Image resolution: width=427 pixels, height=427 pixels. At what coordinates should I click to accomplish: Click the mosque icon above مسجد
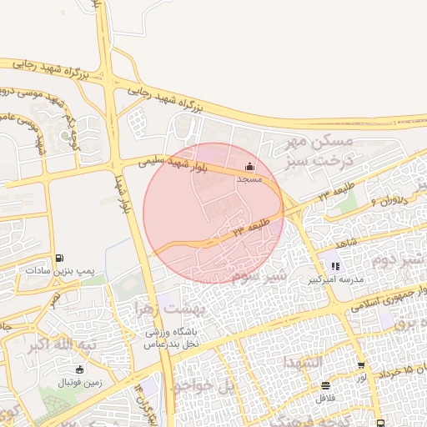[x=249, y=166]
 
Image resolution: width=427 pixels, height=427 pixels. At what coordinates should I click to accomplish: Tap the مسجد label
[x=249, y=179]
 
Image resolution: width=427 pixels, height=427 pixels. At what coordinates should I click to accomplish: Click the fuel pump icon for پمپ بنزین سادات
[x=59, y=259]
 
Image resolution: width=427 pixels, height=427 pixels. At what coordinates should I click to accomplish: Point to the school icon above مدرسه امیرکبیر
[x=335, y=267]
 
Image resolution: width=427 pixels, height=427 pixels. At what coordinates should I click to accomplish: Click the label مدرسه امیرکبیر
[x=335, y=280]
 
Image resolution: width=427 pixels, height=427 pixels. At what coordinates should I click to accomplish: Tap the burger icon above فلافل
[x=324, y=384]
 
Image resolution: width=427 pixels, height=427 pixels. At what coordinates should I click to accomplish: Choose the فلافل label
[x=324, y=398]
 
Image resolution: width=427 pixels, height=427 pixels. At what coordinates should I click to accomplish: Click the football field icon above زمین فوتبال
[x=80, y=369]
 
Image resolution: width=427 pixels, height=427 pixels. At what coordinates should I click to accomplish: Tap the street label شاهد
[x=347, y=242]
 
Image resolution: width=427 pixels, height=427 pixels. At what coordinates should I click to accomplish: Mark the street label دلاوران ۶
[x=384, y=200]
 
